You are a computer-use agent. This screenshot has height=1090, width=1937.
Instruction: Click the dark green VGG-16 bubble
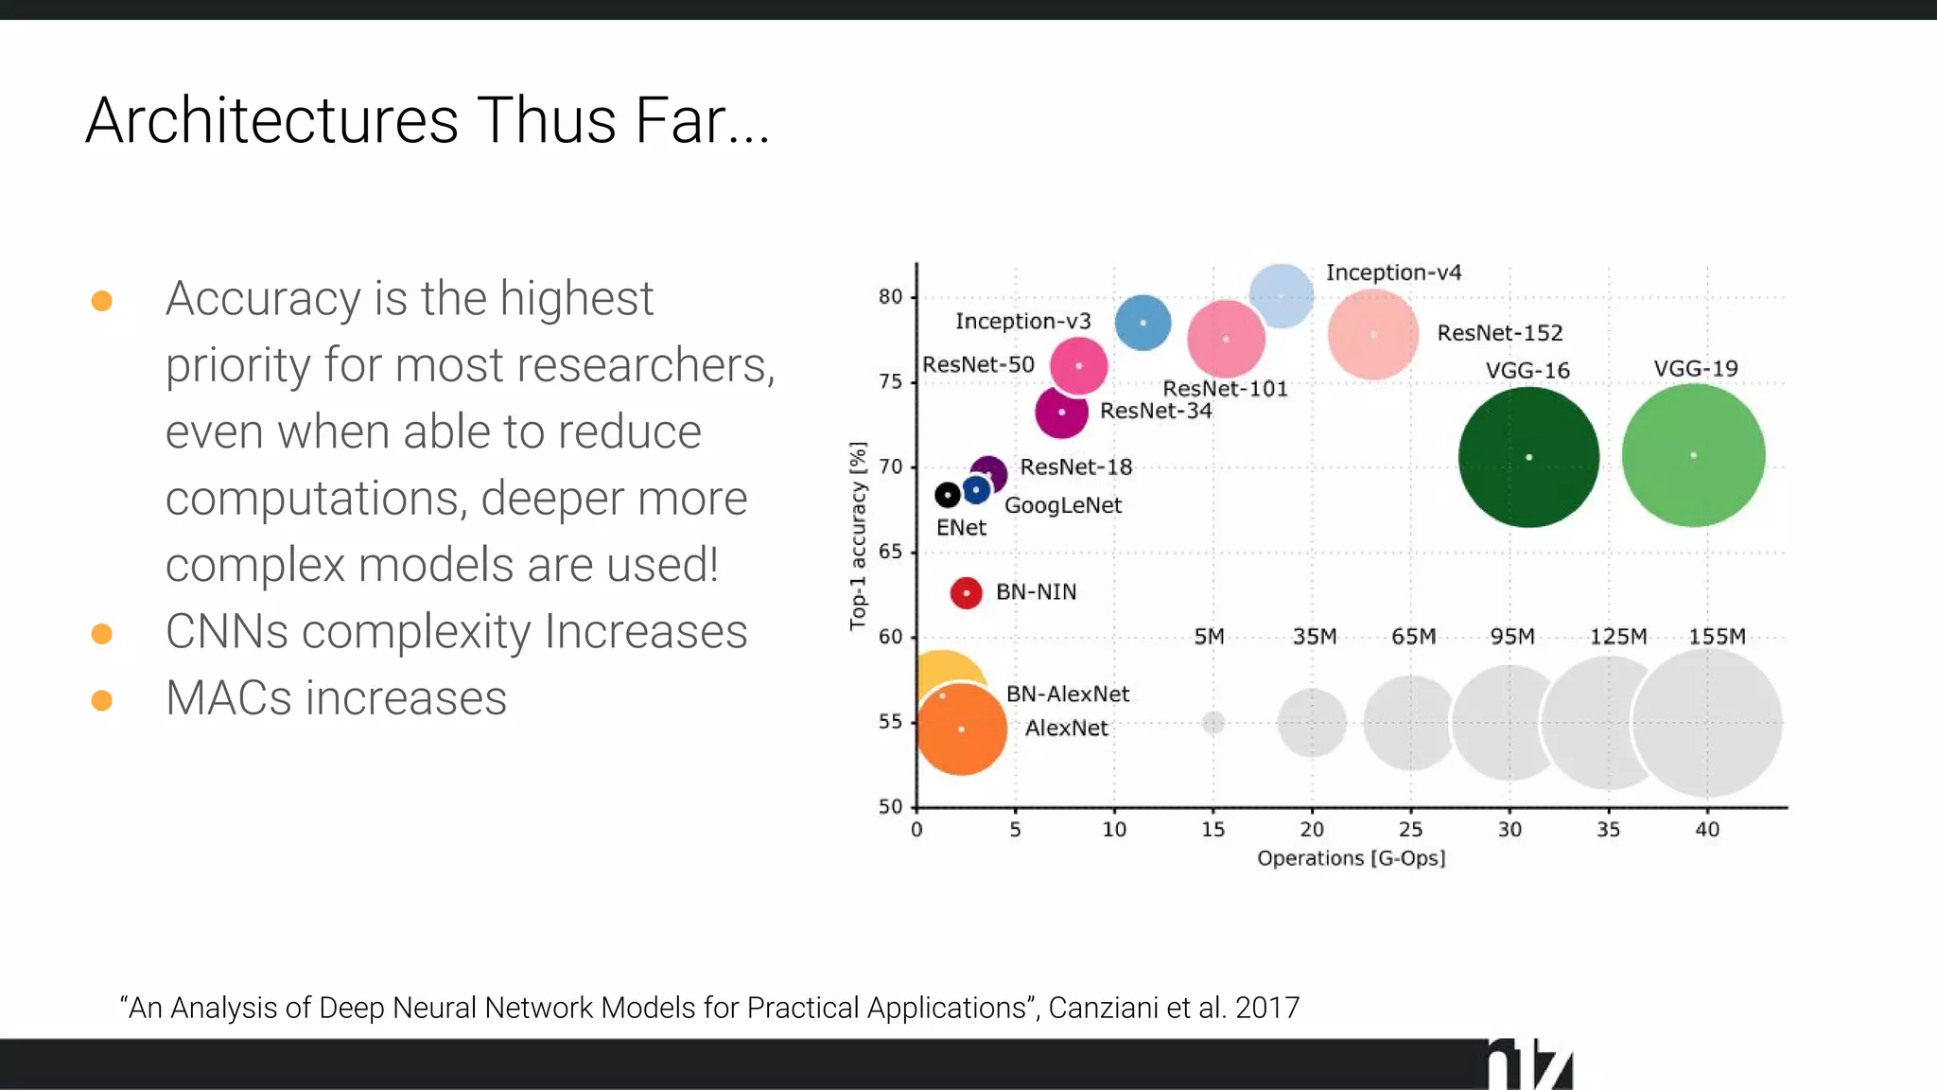pyautogui.click(x=1528, y=457)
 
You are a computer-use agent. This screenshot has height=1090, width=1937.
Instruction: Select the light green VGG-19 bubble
pyautogui.click(x=1693, y=455)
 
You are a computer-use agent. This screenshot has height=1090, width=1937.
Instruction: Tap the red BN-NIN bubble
pyautogui.click(x=966, y=593)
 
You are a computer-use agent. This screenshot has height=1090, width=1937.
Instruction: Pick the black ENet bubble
pyautogui.click(x=947, y=495)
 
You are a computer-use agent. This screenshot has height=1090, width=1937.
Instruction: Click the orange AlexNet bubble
pyautogui.click(x=961, y=730)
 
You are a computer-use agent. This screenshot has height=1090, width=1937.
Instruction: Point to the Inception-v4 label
pyautogui.click(x=1393, y=272)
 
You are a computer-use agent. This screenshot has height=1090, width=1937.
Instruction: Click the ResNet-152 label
pyautogui.click(x=1499, y=333)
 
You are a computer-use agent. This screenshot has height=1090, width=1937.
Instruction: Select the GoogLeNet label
pyautogui.click(x=1062, y=505)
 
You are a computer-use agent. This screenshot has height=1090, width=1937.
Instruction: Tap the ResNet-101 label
pyautogui.click(x=1225, y=389)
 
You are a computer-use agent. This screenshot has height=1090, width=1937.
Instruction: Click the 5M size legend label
pyautogui.click(x=1209, y=637)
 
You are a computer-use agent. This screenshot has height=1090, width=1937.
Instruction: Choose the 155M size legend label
pyautogui.click(x=1717, y=637)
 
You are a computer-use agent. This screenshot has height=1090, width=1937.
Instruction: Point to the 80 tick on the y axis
pyautogui.click(x=890, y=296)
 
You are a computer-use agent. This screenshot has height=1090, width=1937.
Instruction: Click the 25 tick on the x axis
pyautogui.click(x=1410, y=830)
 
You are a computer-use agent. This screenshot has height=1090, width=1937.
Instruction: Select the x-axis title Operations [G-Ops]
pyautogui.click(x=1351, y=858)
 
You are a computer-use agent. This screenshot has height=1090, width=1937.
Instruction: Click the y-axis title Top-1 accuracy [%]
pyautogui.click(x=858, y=536)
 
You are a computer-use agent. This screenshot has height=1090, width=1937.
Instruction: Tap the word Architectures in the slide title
pyautogui.click(x=272, y=121)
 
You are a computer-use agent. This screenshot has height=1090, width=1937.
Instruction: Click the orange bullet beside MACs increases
pyautogui.click(x=102, y=700)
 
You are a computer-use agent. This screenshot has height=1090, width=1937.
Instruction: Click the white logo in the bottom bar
pyautogui.click(x=1529, y=1065)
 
